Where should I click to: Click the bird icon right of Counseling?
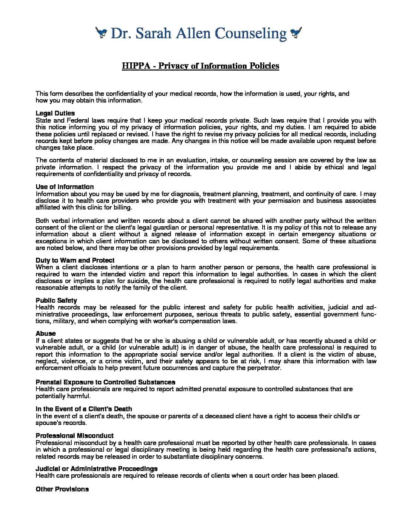click(296, 33)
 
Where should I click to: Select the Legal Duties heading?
click(55, 113)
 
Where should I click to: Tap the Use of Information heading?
click(65, 187)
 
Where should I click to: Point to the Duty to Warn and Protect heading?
click(75, 260)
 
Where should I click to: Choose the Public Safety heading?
click(56, 301)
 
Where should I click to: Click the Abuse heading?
click(46, 334)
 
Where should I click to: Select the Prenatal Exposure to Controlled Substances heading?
click(105, 382)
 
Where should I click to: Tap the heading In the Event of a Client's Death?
click(84, 409)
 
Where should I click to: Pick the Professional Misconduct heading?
click(75, 436)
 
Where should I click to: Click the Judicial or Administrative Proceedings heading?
click(97, 469)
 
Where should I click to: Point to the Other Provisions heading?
click(62, 489)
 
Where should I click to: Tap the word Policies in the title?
click(264, 66)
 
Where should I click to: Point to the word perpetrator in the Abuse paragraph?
click(265, 368)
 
